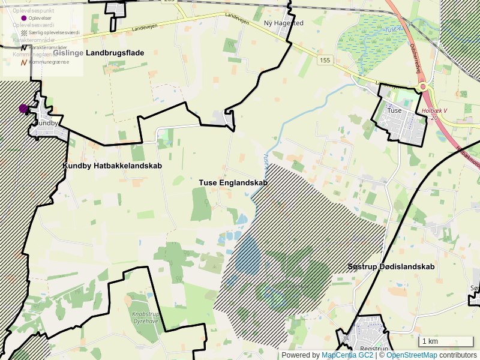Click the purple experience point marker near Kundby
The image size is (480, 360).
pyautogui.click(x=23, y=109)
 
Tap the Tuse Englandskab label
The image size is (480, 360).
pyautogui.click(x=233, y=182)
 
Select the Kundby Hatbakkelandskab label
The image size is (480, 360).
pyautogui.click(x=112, y=166)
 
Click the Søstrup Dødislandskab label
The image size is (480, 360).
pyautogui.click(x=391, y=266)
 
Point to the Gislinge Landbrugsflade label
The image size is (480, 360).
pyautogui.click(x=98, y=53)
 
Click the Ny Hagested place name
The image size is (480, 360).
pyautogui.click(x=284, y=23)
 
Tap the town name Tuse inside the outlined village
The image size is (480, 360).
pyautogui.click(x=394, y=110)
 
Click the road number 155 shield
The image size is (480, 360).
pyautogui.click(x=325, y=60)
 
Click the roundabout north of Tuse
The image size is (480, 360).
pyautogui.click(x=424, y=86)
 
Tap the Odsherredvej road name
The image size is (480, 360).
pyautogui.click(x=415, y=55)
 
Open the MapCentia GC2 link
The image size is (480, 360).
pyautogui.click(x=348, y=355)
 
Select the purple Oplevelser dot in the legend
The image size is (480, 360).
pyautogui.click(x=24, y=18)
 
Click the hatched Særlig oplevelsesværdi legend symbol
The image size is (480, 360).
pyautogui.click(x=24, y=32)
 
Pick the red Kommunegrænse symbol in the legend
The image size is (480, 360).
pyautogui.click(x=24, y=62)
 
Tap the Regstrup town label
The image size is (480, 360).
pyautogui.click(x=374, y=349)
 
